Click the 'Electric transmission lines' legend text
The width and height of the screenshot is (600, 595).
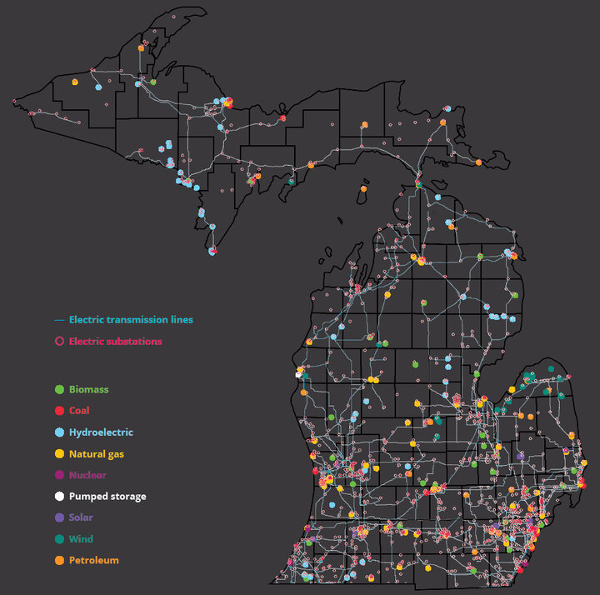tap(131, 319)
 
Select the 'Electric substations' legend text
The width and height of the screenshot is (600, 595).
tap(116, 341)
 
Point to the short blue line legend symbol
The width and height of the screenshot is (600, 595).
tap(58, 320)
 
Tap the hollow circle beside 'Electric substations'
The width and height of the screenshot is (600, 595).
tap(58, 341)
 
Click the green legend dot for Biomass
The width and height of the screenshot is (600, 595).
tap(58, 389)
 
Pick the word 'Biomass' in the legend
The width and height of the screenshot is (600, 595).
tap(88, 389)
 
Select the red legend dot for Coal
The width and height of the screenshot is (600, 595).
tap(58, 411)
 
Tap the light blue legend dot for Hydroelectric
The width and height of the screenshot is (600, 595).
tap(58, 432)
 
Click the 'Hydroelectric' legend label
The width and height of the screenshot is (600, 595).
tap(101, 432)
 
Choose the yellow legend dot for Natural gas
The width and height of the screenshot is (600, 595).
tap(58, 454)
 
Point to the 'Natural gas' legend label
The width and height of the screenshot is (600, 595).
tap(97, 454)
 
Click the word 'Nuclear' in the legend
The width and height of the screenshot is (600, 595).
tap(87, 475)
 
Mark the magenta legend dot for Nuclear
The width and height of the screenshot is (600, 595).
tap(58, 475)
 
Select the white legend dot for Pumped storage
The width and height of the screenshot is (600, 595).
tap(58, 497)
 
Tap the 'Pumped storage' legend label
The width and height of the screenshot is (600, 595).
tap(107, 497)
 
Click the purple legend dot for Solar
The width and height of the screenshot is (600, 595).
tap(58, 517)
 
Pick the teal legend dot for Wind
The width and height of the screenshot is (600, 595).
tap(58, 539)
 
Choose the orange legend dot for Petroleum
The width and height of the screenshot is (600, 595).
tap(58, 560)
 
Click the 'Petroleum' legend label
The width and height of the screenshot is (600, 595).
tap(93, 560)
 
